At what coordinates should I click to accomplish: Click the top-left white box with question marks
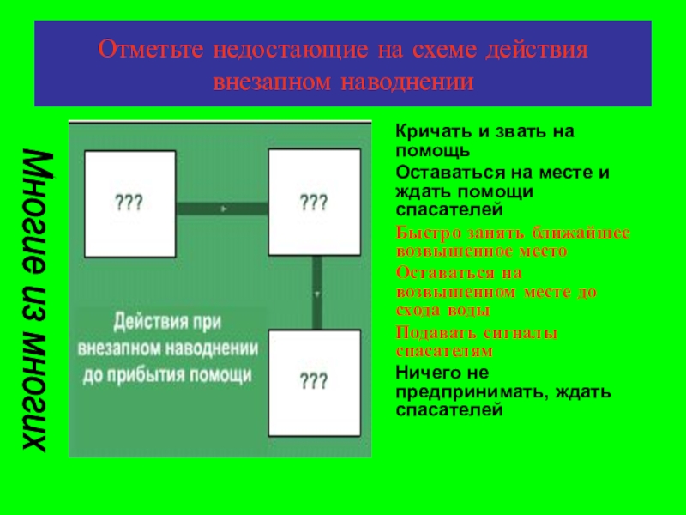pyautogui.click(x=129, y=203)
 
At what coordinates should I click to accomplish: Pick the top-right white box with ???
pyautogui.click(x=313, y=203)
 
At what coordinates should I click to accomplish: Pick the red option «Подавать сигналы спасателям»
pyautogui.click(x=477, y=342)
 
